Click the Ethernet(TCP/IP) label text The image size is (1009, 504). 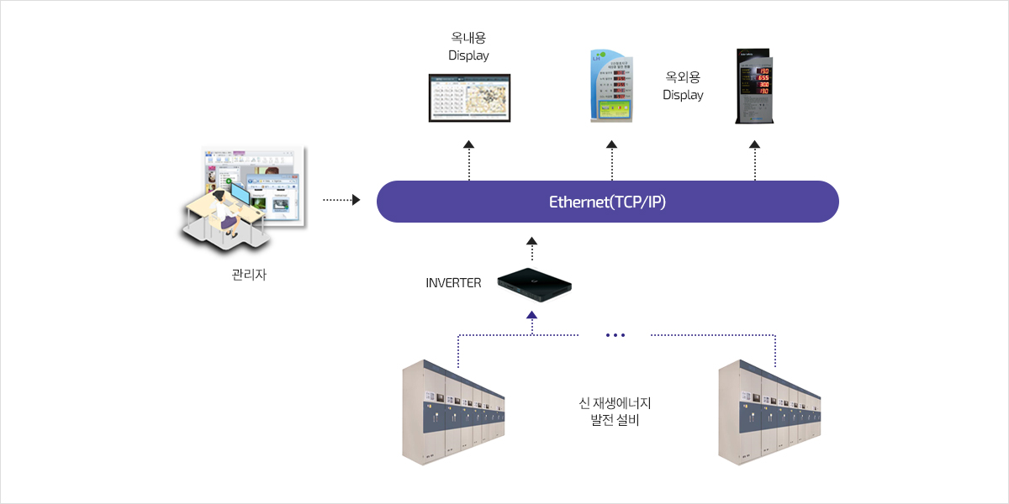pos(607,202)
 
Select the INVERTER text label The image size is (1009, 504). pos(453,283)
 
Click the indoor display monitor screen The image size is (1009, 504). pos(469,97)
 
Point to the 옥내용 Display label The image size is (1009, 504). pos(468,47)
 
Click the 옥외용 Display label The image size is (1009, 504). pos(683,86)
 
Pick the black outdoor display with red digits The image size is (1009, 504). pos(754,85)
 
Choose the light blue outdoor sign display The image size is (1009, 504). pos(611,87)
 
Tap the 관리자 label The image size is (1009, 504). pos(249,275)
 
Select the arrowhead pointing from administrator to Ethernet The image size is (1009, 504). pos(356,200)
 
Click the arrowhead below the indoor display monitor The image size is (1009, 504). pos(469,145)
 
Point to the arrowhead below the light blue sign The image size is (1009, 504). pos(611,145)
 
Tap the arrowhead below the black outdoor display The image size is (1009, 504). pos(754,145)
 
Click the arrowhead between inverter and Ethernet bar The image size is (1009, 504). pos(531,241)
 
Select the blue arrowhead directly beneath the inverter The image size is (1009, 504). pos(531,316)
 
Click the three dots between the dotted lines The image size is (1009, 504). pos(615,335)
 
